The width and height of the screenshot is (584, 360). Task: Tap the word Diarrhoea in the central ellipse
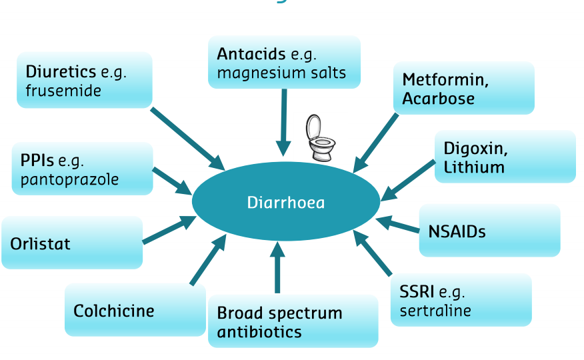tap(285, 201)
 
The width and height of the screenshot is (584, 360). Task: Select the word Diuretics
tap(61, 72)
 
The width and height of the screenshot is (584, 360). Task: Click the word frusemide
tap(63, 91)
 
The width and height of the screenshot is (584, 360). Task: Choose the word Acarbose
tap(438, 99)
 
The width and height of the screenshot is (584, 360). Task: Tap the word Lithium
tap(473, 167)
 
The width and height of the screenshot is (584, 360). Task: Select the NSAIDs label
tap(457, 231)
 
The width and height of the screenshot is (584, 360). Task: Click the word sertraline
tap(435, 310)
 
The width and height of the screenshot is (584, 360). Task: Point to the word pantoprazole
tap(69, 179)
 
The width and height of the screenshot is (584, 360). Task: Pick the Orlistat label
tap(40, 243)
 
